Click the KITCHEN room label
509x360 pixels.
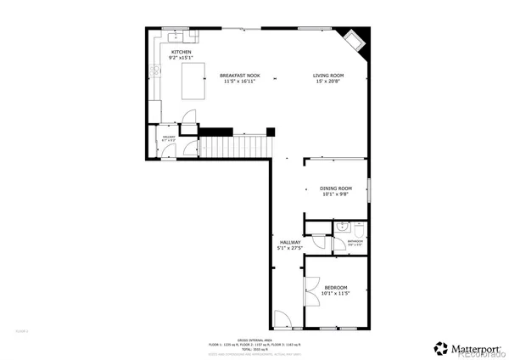click(181, 53)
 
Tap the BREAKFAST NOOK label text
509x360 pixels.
click(242, 76)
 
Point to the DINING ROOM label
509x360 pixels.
click(336, 188)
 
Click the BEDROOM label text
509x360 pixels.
click(336, 289)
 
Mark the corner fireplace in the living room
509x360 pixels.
click(355, 41)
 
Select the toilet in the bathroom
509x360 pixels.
click(360, 229)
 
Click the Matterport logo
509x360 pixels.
click(466, 347)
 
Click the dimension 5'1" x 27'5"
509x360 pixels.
click(290, 249)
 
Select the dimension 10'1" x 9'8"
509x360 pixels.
click(336, 195)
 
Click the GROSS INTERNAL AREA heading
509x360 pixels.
click(255, 337)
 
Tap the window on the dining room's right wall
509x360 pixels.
click(371, 188)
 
